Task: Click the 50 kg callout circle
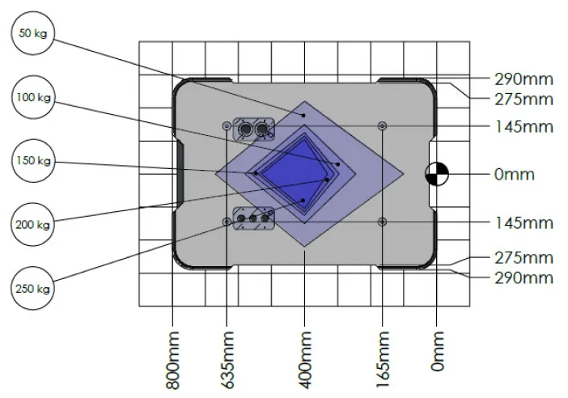pyautogui.click(x=33, y=33)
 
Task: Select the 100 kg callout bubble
pyautogui.click(x=33, y=97)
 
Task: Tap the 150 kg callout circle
pyautogui.click(x=33, y=160)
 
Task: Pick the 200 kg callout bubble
pyautogui.click(x=32, y=225)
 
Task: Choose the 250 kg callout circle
pyautogui.click(x=32, y=288)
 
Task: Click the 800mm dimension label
pyautogui.click(x=173, y=360)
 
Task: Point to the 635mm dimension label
pyautogui.click(x=228, y=360)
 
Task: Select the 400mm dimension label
pyautogui.click(x=306, y=360)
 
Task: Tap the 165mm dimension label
pyautogui.click(x=384, y=360)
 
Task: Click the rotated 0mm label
pyautogui.click(x=438, y=351)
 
